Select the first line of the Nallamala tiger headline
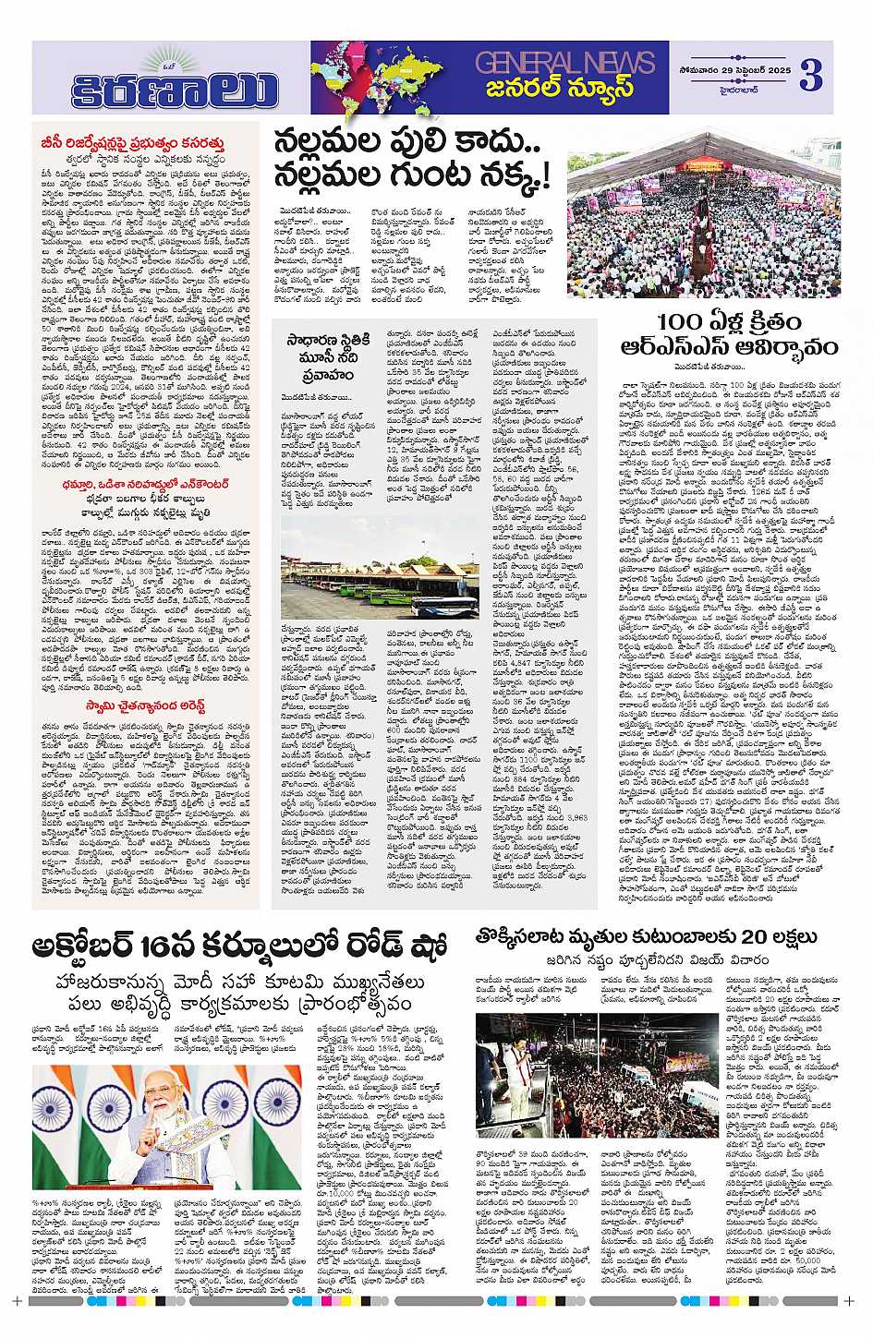pyautogui.click(x=406, y=143)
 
